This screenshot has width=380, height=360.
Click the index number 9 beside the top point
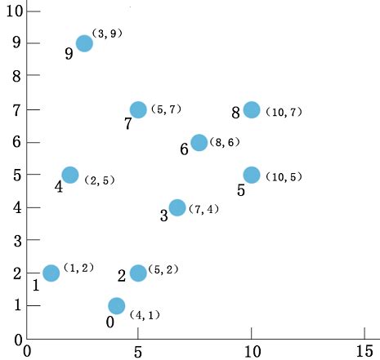(69, 54)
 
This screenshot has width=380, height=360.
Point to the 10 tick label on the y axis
(12, 10)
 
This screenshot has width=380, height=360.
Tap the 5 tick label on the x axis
(138, 351)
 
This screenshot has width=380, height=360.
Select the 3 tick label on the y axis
(17, 242)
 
